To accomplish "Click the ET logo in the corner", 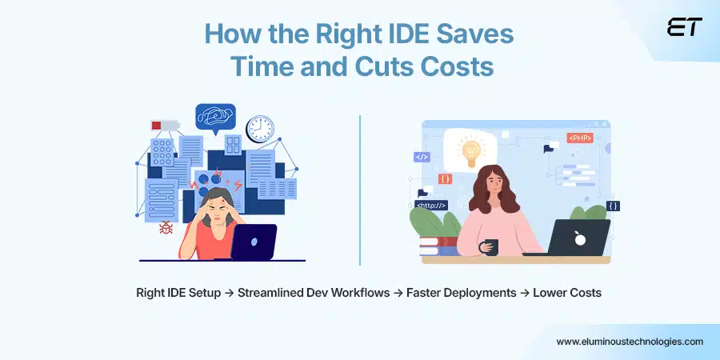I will [684, 27].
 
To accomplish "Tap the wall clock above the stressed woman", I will [259, 129].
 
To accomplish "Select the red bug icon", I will [166, 228].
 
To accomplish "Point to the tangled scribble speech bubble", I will [215, 117].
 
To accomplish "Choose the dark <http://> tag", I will [432, 205].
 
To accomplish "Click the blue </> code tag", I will [422, 158].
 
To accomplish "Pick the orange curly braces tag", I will [446, 178].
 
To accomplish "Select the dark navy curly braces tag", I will [613, 206].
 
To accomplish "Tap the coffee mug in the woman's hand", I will [490, 247].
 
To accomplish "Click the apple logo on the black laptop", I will [580, 238].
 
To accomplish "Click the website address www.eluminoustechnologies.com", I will [630, 342].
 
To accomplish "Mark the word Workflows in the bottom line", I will [350, 293].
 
